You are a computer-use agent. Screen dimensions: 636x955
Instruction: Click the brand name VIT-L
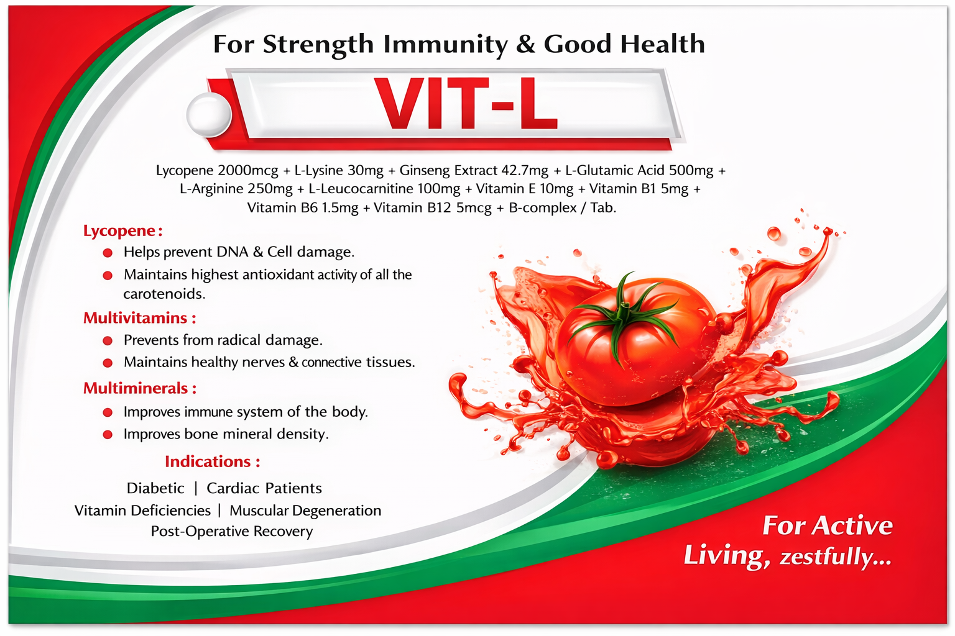[x=466, y=104]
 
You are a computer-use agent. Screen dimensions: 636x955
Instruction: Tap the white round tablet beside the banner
[x=209, y=114]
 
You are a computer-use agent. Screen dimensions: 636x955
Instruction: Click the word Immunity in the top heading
[x=445, y=44]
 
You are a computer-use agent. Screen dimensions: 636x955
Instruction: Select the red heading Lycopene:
[x=122, y=230]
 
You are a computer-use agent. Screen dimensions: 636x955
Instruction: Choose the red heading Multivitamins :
[x=139, y=318]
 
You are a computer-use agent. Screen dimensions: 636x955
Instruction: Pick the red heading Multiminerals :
[x=139, y=388]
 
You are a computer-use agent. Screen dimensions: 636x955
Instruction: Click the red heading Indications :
[x=212, y=461]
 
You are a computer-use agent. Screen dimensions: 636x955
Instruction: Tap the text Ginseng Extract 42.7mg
[x=474, y=170]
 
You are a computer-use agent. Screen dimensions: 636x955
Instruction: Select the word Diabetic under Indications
[x=155, y=488]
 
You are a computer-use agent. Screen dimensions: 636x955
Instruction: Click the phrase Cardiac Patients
[x=264, y=488]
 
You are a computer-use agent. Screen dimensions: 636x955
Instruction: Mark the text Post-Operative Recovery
[x=231, y=532]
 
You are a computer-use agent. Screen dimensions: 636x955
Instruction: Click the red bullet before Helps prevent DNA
[x=108, y=253]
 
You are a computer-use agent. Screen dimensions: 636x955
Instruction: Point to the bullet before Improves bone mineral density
[x=108, y=435]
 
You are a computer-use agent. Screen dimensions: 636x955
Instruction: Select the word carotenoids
[x=164, y=294]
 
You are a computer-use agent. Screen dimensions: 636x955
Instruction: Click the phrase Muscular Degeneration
[x=305, y=511]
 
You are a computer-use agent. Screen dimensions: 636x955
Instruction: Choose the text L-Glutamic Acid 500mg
[x=639, y=170]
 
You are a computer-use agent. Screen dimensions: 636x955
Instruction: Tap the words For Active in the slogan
[x=827, y=526]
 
